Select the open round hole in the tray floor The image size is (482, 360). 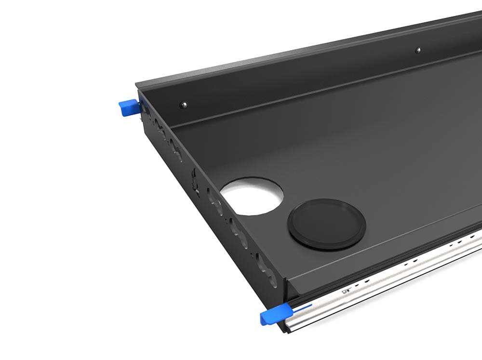pyautogui.click(x=252, y=195)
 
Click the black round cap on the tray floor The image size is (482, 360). pyautogui.click(x=326, y=225)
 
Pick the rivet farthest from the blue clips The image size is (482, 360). pyautogui.click(x=417, y=50)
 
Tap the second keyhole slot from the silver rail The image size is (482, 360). pyautogui.click(x=239, y=232)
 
